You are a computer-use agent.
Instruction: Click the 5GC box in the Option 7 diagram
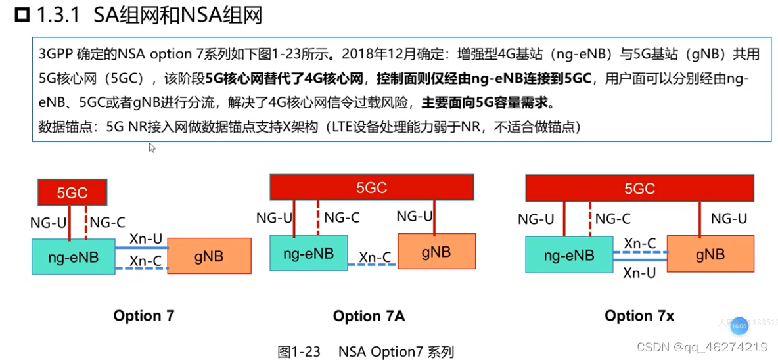(x=72, y=192)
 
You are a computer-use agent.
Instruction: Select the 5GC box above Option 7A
(x=371, y=187)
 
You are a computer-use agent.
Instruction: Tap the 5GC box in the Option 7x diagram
(x=639, y=189)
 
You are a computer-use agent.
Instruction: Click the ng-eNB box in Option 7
(x=74, y=257)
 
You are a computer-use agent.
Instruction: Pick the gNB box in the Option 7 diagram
(x=209, y=256)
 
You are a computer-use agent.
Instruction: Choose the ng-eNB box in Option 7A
(x=308, y=253)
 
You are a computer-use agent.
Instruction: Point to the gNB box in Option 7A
(x=436, y=250)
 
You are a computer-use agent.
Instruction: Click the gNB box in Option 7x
(x=710, y=254)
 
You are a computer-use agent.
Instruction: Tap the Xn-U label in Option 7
(x=145, y=239)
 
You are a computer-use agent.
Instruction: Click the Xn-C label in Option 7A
(x=375, y=258)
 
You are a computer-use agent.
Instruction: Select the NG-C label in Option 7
(x=108, y=223)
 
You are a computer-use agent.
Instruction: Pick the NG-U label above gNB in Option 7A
(x=415, y=216)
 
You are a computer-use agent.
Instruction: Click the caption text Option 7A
(x=369, y=317)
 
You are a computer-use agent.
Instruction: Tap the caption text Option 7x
(x=639, y=316)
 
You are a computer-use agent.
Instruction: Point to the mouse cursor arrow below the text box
(x=152, y=148)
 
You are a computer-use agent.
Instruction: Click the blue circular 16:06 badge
(x=739, y=326)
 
